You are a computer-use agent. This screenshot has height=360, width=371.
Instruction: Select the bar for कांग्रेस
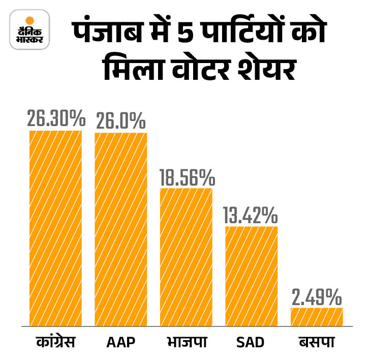55,228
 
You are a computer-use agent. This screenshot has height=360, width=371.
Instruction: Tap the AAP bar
121,229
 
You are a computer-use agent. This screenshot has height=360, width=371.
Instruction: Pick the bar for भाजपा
186,257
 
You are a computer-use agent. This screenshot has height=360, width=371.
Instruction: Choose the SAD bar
252,276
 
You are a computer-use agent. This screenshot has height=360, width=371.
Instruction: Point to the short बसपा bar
317,316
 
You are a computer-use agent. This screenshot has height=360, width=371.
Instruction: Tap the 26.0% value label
121,121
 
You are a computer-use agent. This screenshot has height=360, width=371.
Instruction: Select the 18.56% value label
186,177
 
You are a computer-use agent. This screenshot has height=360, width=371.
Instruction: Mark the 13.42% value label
251,216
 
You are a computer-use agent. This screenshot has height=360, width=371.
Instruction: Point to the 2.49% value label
316,297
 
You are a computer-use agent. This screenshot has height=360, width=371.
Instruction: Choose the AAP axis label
121,342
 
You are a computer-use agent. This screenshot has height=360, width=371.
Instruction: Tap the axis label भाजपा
187,342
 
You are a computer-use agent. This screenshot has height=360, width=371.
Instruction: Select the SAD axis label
251,342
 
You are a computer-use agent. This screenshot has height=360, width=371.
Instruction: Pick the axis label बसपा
317,342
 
